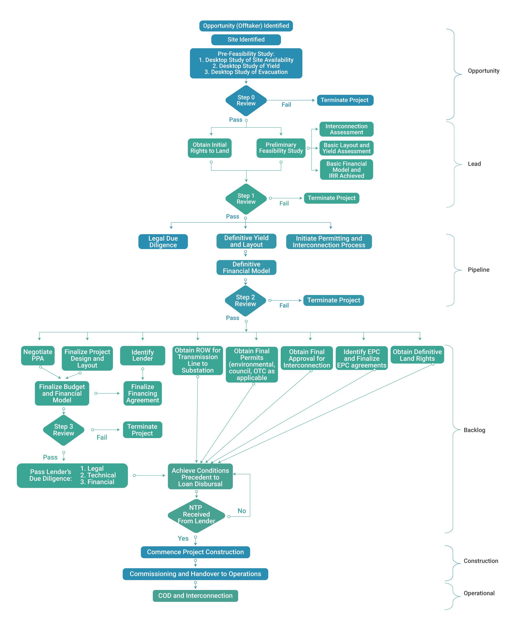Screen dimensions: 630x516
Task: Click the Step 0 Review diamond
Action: pos(246,100)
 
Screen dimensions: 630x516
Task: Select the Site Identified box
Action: pos(246,40)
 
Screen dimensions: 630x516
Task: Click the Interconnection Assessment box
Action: pos(346,129)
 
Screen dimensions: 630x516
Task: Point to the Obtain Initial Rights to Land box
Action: pos(209,148)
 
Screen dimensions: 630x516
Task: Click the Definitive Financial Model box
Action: pos(246,267)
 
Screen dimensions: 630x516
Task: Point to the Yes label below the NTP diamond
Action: pos(183,538)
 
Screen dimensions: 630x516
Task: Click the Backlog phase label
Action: pos(474,430)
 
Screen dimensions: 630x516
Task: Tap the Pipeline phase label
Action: pos(478,270)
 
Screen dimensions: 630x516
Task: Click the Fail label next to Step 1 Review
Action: pos(284,203)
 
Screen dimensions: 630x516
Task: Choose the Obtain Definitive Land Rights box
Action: pos(417,355)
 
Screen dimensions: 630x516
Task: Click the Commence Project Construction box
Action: pos(195,552)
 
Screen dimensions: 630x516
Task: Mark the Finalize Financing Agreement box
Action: pos(142,393)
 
